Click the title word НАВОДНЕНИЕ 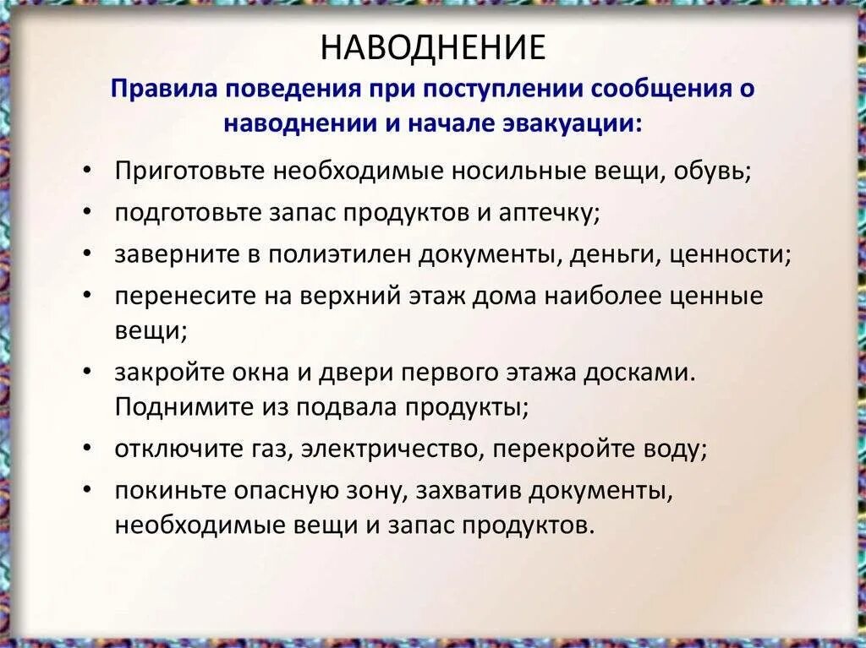432,48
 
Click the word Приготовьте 189,171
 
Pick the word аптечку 556,212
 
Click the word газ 268,449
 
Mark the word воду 673,449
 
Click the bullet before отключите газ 90,448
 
